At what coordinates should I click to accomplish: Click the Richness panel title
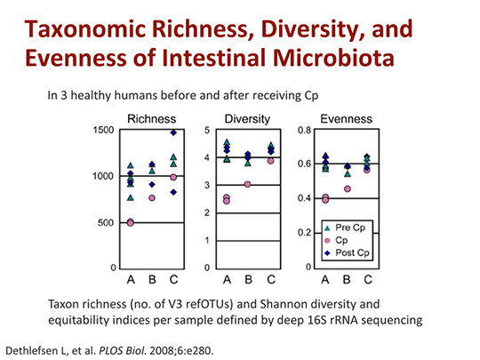click(x=152, y=117)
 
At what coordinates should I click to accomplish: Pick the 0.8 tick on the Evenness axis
click(x=301, y=131)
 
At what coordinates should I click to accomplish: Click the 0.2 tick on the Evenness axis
click(x=301, y=233)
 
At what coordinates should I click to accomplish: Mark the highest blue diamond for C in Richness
click(x=173, y=132)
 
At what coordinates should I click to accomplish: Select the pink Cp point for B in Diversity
click(x=247, y=184)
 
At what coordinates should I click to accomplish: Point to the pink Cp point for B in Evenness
click(x=347, y=188)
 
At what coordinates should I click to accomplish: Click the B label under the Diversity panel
click(x=247, y=279)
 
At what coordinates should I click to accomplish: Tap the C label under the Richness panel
click(x=173, y=279)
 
